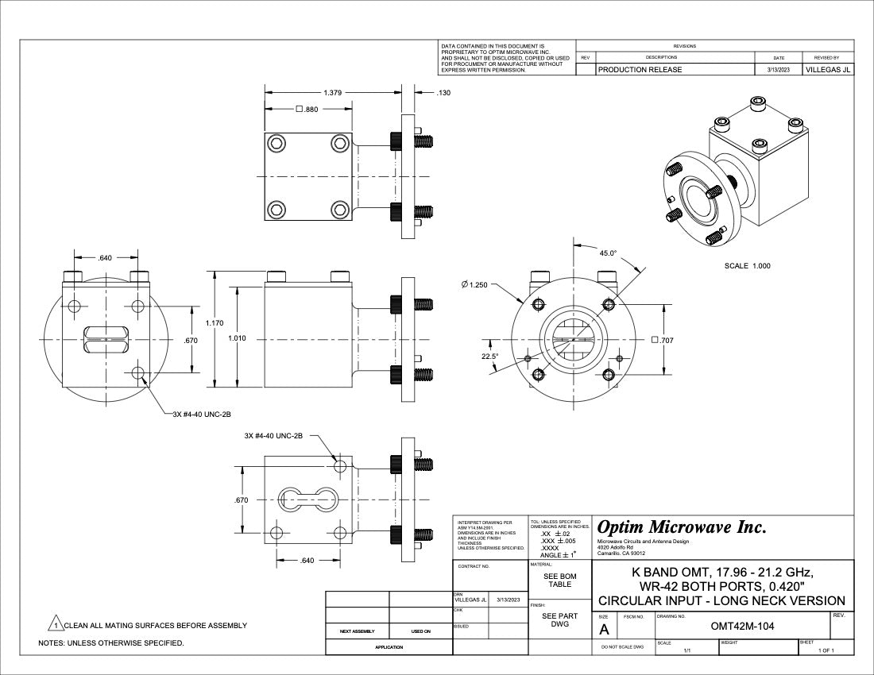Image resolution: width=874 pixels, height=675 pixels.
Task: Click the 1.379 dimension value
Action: [332, 93]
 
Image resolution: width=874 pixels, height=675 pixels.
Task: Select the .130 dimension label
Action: [443, 93]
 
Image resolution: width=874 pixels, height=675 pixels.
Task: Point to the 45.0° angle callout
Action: [608, 253]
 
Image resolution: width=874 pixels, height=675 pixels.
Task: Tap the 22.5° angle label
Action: [490, 357]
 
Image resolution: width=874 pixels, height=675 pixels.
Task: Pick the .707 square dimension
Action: [662, 340]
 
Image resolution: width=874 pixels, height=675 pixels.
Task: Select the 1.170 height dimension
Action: [214, 323]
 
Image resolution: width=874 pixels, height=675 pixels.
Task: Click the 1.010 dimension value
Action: [237, 338]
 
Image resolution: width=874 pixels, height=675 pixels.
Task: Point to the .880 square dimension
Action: [307, 110]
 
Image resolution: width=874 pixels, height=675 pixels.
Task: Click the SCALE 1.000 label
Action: [747, 266]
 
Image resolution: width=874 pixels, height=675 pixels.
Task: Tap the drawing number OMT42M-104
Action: [742, 627]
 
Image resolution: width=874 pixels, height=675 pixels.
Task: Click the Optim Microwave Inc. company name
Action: [682, 527]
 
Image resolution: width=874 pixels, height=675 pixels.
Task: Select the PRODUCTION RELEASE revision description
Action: [640, 70]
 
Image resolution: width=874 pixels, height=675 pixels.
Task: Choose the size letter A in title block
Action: [604, 630]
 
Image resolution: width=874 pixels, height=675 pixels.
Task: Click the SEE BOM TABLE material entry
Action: [560, 580]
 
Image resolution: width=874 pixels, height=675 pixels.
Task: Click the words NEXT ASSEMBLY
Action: [358, 631]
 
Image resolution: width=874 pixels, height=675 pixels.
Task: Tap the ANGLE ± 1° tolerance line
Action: [559, 555]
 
